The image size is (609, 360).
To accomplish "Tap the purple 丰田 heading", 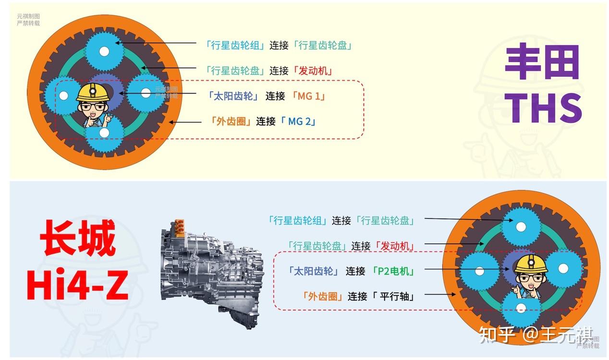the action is pos(542,62).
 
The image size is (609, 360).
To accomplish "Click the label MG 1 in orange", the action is pos(308,96).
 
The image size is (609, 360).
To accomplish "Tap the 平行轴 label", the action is pos(396,296).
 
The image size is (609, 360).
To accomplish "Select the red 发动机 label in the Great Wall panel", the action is pos(395,246).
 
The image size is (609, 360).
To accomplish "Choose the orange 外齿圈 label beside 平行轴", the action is pos(323,296).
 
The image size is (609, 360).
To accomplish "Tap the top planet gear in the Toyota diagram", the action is pos(104,51).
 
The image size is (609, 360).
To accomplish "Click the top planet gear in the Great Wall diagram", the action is pos(521,227).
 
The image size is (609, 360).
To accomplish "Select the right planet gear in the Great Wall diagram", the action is pos(563,269).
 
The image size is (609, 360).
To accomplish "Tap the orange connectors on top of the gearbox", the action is pos(181,226).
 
